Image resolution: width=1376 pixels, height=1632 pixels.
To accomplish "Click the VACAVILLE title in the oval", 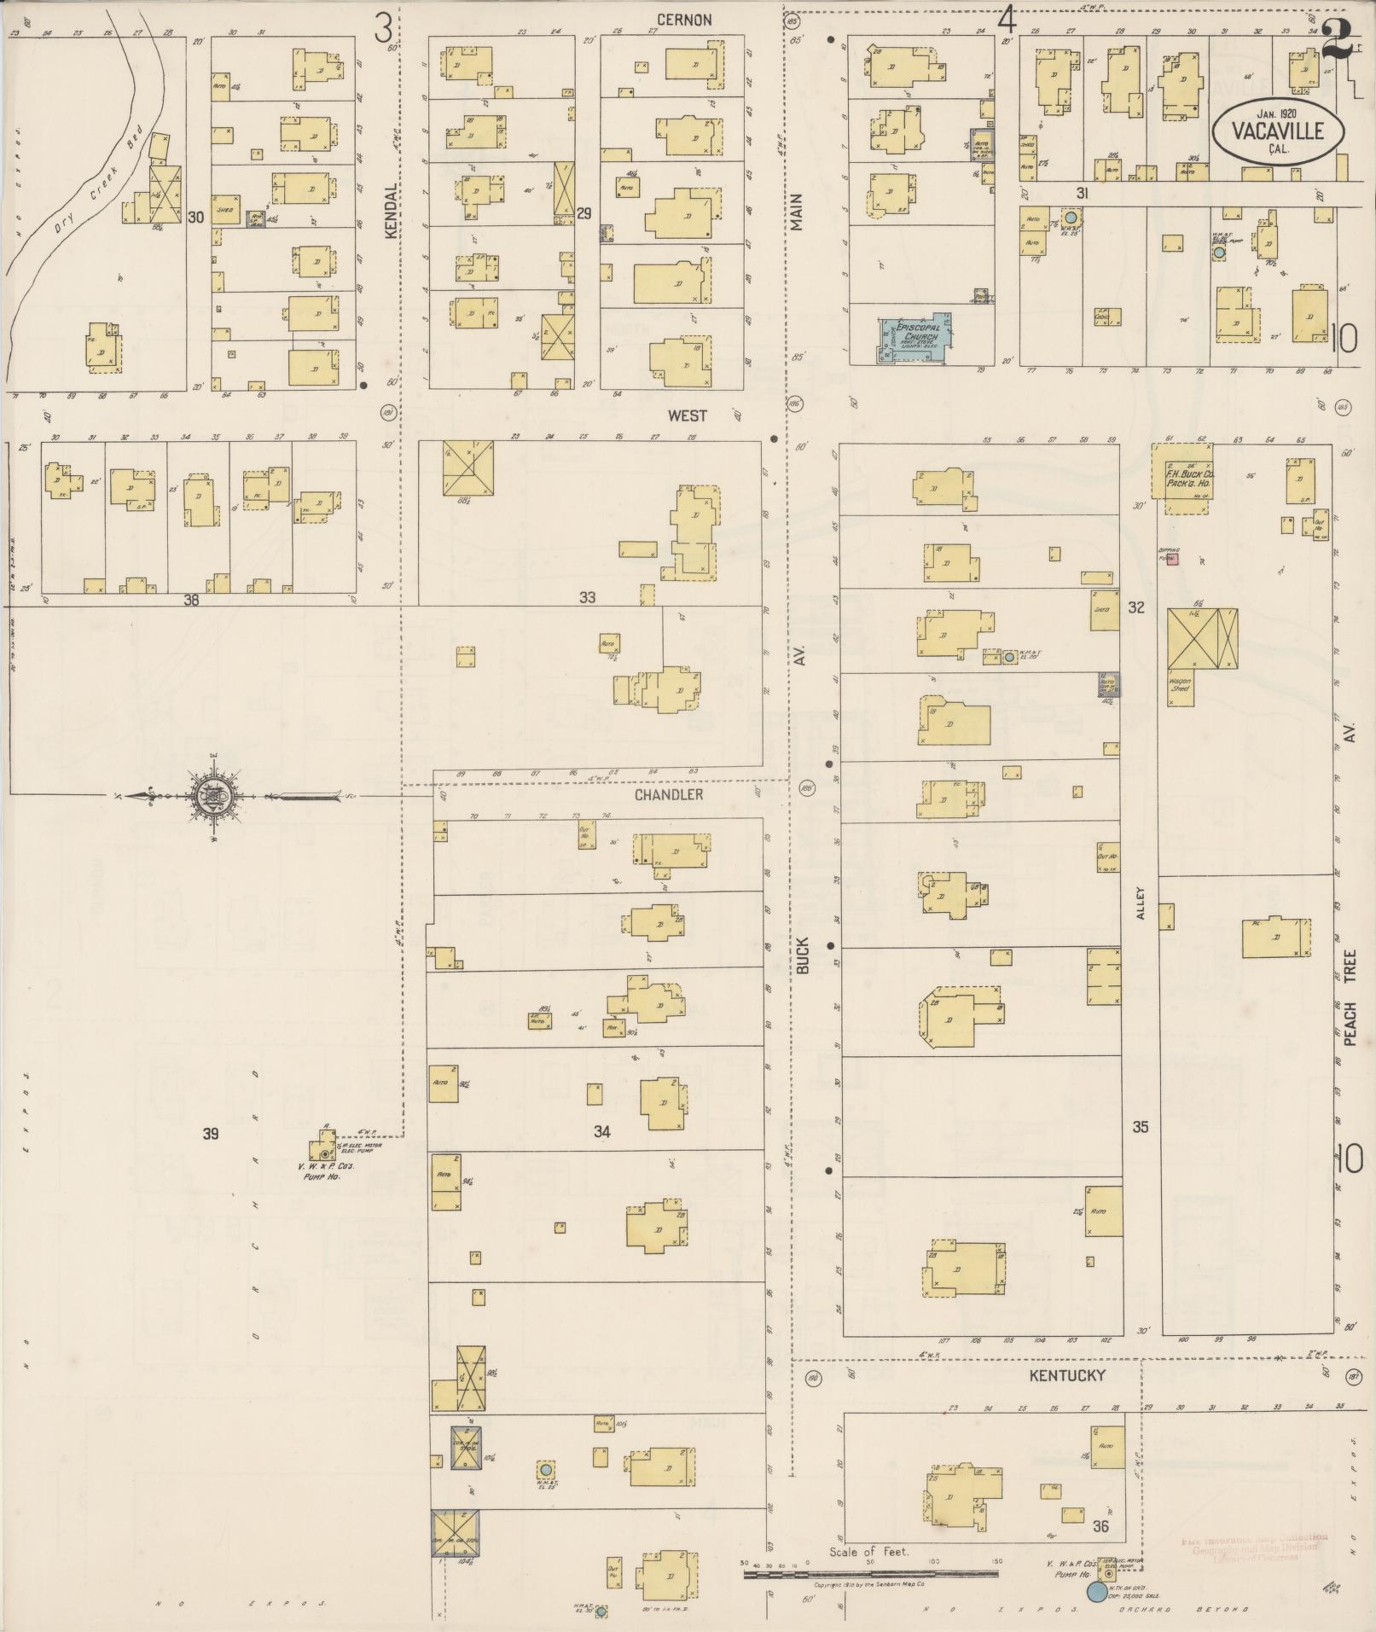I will pos(1277,131).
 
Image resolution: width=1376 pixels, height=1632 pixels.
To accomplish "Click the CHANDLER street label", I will pos(669,794).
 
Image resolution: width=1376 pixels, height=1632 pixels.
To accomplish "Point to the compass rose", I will pos(211,798).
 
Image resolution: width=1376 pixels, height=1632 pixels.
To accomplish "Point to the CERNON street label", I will pos(683,20).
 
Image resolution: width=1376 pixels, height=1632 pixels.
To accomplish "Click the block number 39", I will pos(211,1134).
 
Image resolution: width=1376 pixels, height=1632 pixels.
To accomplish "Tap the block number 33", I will pos(587,598).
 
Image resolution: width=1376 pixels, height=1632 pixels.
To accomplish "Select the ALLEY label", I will pos(1141,904).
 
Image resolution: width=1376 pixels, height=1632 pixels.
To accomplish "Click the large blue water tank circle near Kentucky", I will pos(1095,1592).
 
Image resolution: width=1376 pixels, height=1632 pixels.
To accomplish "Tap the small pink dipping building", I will pos(1173,560).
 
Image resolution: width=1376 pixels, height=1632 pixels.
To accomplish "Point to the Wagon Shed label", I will pos(1180,684).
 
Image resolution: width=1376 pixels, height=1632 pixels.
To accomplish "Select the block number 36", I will pos(1100,1526).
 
